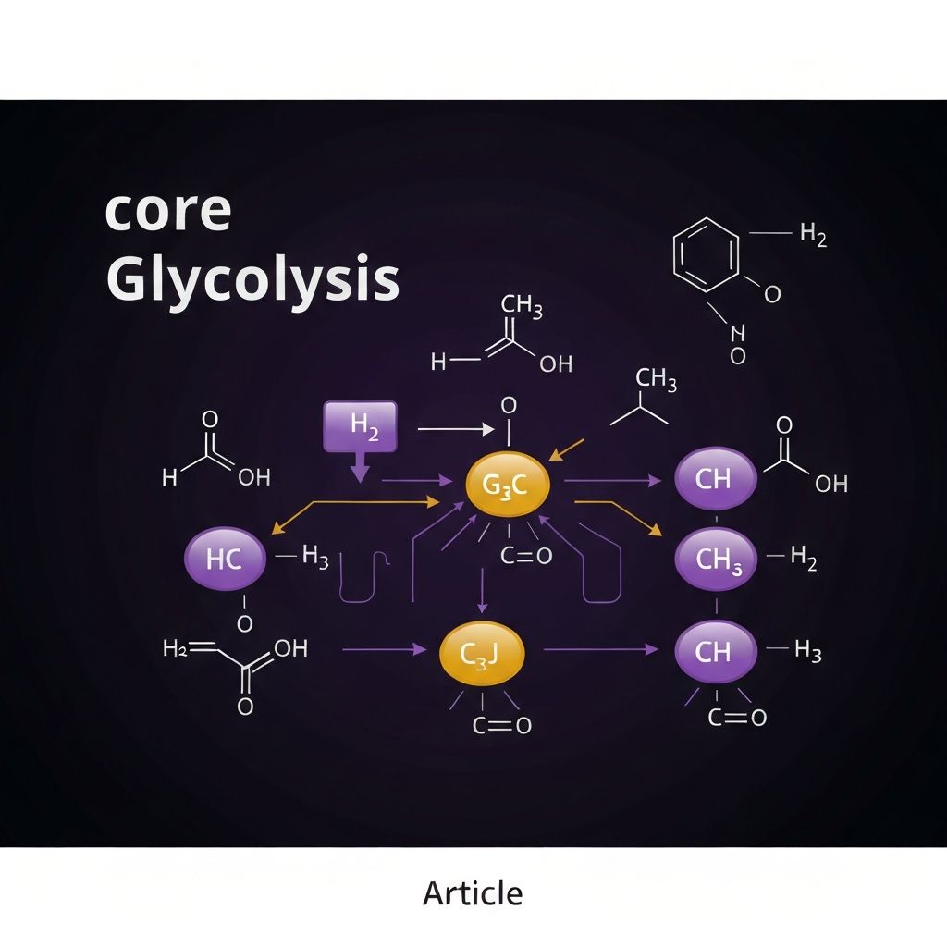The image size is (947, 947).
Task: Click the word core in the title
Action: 167,213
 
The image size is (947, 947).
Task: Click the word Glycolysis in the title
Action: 252,280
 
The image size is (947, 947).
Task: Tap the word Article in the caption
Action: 473,893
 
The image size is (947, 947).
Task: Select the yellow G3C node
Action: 508,485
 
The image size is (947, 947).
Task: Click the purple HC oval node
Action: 226,558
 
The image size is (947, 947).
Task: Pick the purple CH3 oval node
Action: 717,559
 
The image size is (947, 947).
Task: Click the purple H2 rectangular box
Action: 361,426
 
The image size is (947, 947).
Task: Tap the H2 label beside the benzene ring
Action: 813,235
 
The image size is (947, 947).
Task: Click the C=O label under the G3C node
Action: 525,556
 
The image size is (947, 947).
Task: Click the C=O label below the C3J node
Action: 502,726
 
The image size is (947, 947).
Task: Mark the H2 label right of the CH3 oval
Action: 804,558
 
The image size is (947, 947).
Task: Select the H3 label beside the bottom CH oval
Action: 807,652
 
